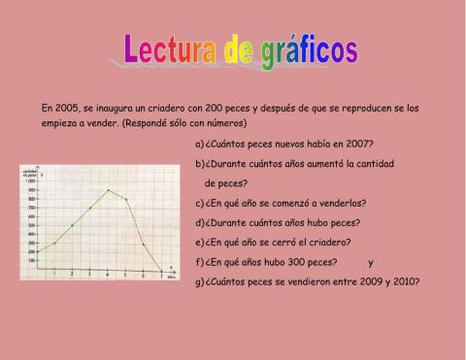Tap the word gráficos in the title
coord(308,50)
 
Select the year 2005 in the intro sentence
coord(70,107)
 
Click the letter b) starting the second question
coord(199,164)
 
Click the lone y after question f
coord(371,262)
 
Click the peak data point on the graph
coord(108,190)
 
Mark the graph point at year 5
coord(126,200)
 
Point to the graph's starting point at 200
coord(36,252)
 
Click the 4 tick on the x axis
coord(108,275)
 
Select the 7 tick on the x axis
coord(161,275)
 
